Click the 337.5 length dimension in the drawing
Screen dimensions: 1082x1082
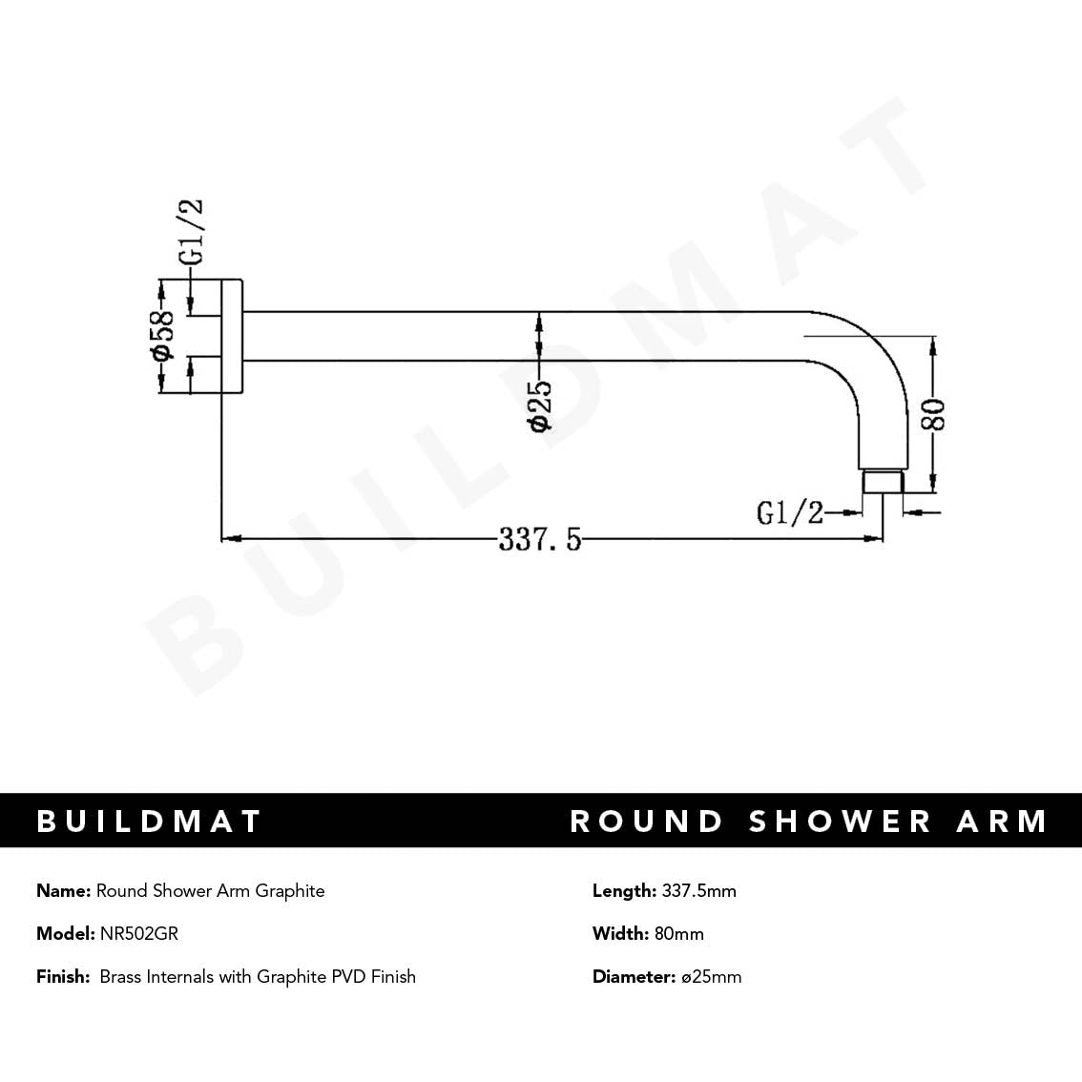tap(539, 540)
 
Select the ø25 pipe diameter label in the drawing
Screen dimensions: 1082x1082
tap(540, 406)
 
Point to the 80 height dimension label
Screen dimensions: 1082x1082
tap(934, 414)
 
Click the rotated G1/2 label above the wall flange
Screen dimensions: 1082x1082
tap(191, 233)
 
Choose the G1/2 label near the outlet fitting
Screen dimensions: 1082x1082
tap(789, 512)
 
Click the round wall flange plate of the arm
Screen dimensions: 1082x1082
tap(232, 336)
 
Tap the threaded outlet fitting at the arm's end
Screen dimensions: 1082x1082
tap(882, 481)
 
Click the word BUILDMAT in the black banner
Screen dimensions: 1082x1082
tap(149, 822)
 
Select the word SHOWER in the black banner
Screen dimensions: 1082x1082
tap(840, 822)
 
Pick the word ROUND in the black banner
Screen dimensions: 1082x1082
tap(647, 822)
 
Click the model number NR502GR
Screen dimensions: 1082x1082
tap(139, 934)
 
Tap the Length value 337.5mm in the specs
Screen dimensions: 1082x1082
tap(699, 891)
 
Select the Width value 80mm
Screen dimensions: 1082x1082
tap(679, 934)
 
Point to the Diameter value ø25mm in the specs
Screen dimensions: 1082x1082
tap(711, 977)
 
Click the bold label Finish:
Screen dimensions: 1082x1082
tap(63, 977)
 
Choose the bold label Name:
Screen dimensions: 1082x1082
tap(64, 891)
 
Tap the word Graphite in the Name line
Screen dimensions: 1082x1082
tap(291, 891)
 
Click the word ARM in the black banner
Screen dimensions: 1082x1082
tap(1002, 822)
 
